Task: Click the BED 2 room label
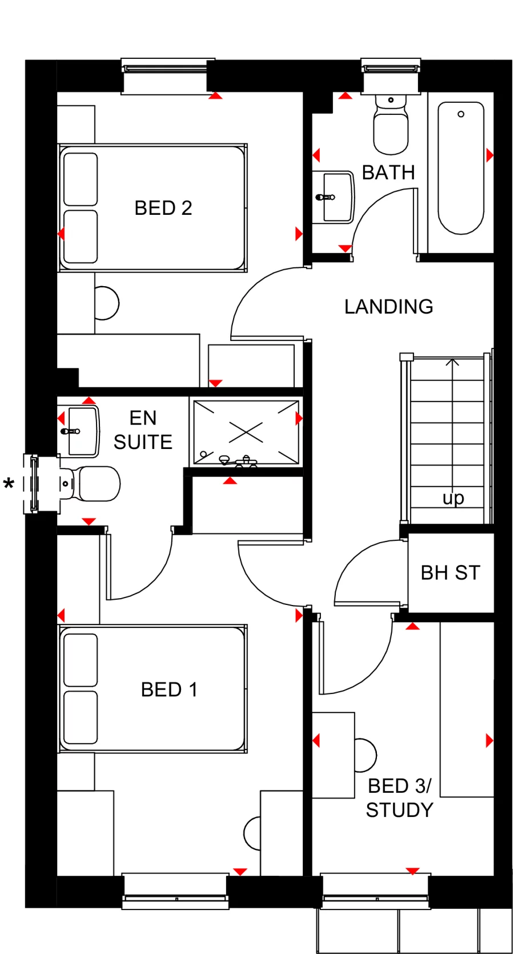coord(163,208)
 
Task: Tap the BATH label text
coord(388,173)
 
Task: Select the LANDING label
coord(388,307)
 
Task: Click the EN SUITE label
coord(143,430)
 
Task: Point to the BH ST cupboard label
coord(450,573)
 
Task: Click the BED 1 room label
coord(169,690)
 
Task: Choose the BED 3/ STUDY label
coord(400,798)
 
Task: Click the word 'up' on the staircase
coord(453,498)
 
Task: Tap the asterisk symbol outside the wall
coord(9,485)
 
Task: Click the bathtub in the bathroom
coord(461,169)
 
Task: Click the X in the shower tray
coord(246,432)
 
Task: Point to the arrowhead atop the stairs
coord(452,362)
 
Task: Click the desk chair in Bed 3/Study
coord(365,755)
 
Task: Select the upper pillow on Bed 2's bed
coord(81,179)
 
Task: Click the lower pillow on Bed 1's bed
coord(81,717)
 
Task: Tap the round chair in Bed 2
coord(107,303)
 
